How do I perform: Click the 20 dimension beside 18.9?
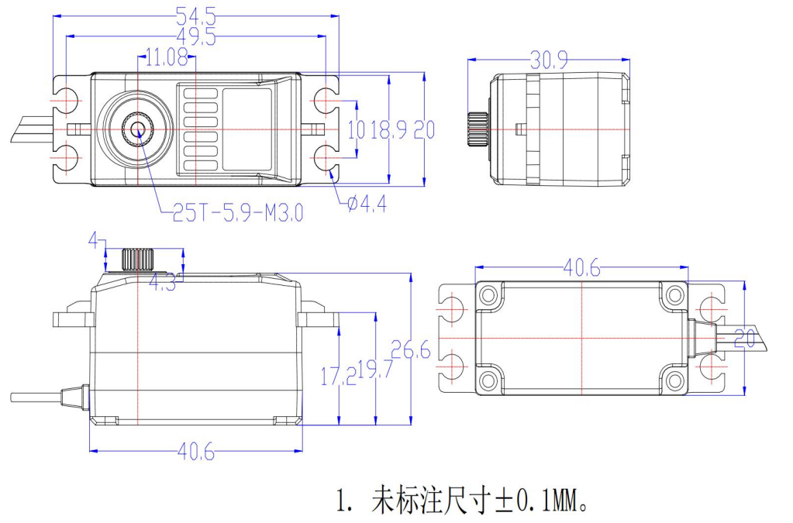pyautogui.click(x=424, y=129)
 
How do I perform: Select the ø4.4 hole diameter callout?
pyautogui.click(x=362, y=204)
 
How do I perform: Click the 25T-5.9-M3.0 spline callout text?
pyautogui.click(x=238, y=212)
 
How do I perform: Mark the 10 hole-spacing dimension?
pyautogui.click(x=356, y=129)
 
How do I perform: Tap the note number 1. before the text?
pyautogui.click(x=345, y=502)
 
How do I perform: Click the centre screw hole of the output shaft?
pyautogui.click(x=139, y=129)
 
